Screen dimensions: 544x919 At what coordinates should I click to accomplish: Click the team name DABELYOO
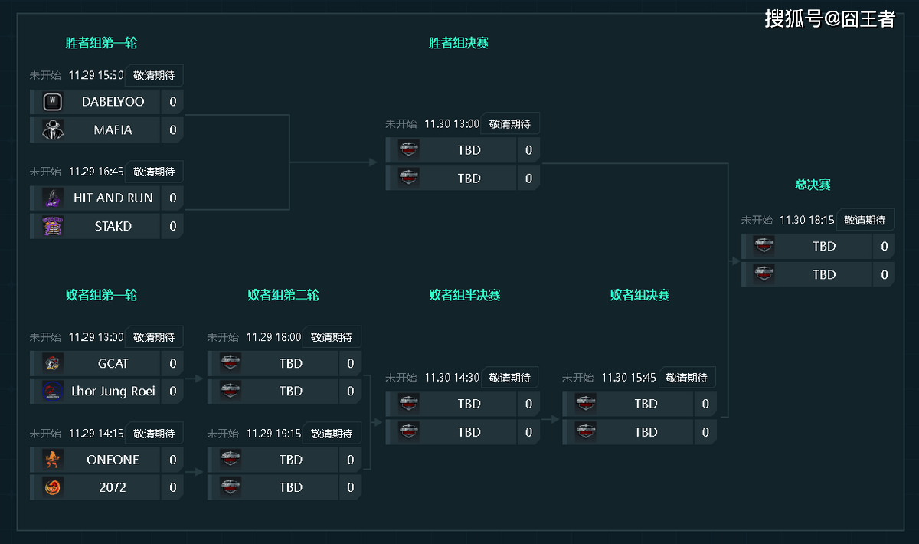tap(113, 101)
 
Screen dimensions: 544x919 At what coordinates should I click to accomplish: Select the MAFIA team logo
tap(53, 129)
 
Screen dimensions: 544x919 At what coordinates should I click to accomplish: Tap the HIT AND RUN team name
tap(113, 198)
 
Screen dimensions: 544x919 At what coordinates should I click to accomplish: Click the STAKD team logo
tap(53, 226)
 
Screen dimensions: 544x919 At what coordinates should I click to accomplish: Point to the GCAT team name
tap(113, 363)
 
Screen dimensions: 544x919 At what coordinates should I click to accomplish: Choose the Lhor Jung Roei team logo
tap(53, 391)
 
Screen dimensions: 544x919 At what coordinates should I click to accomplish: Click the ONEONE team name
tap(113, 460)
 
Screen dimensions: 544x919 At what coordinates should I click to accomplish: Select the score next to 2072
tap(172, 487)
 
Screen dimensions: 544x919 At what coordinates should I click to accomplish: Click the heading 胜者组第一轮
tap(101, 43)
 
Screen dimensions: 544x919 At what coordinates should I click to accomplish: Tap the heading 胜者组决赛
tap(458, 43)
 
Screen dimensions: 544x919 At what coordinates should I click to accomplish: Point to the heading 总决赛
tap(813, 185)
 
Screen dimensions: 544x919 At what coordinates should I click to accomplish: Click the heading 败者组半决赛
tap(464, 295)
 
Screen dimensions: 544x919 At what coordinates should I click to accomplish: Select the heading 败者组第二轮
tap(283, 295)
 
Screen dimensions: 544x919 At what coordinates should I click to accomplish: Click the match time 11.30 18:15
tap(806, 220)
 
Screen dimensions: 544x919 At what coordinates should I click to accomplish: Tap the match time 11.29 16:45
tap(96, 172)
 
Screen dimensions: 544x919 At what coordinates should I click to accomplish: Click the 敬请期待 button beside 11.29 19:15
tap(332, 434)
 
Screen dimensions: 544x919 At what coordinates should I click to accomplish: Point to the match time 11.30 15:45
tap(629, 377)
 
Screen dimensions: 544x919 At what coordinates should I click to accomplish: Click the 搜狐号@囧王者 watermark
tap(829, 18)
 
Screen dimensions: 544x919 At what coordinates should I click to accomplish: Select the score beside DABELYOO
tap(172, 101)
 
